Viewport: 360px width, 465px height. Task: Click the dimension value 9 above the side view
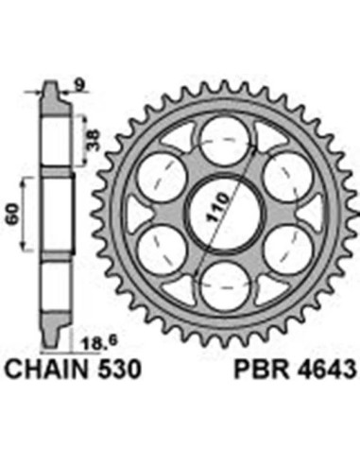click(79, 84)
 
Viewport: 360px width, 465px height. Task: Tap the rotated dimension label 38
click(93, 140)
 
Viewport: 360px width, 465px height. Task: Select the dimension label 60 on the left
click(13, 215)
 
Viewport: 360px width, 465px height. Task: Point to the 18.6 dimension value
click(97, 343)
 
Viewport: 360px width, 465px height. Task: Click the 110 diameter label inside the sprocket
click(218, 207)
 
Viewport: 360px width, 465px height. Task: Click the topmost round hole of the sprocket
click(225, 140)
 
